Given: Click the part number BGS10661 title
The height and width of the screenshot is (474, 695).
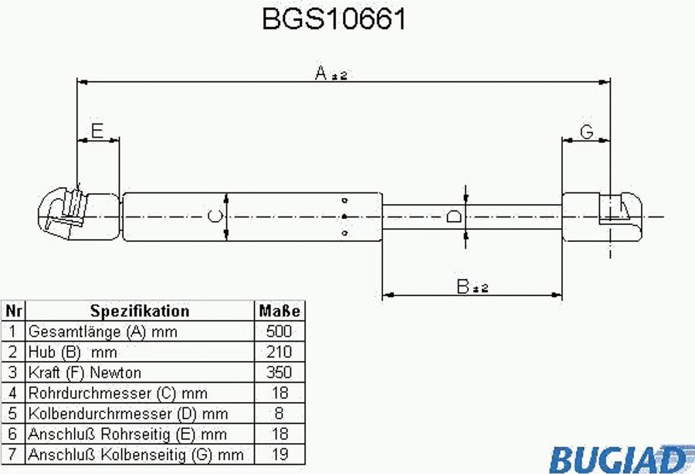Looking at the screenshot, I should point(334,19).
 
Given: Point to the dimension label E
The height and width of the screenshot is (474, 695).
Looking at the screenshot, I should point(97,131).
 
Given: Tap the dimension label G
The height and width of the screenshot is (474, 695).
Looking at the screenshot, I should point(586,132).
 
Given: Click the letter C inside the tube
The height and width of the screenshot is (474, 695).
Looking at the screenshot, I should point(217,217).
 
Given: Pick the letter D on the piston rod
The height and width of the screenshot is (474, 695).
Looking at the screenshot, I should point(456,217).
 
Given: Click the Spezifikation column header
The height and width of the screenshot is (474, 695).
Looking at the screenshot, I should point(140,312).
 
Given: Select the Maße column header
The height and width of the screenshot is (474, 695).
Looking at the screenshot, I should point(279,312).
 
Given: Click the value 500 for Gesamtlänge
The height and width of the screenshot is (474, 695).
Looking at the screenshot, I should point(279,332).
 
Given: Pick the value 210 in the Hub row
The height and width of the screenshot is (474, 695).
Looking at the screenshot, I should point(279,352).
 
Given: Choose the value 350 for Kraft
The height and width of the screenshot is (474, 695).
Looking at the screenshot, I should point(279,373).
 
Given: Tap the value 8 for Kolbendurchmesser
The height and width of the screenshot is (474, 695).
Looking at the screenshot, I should point(279,414).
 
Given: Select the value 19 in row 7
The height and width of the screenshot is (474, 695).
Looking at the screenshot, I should point(279,455).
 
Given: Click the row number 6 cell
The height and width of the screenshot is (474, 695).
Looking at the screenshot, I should point(13,434).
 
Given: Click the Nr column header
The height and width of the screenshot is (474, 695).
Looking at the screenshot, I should point(13,312).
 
